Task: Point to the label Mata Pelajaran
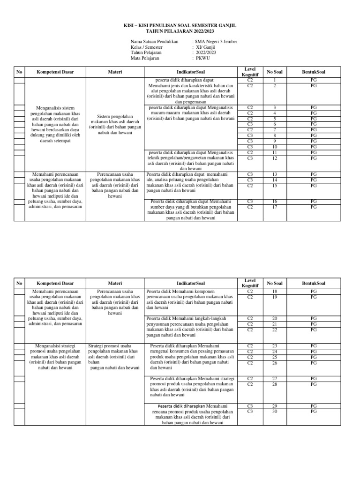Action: coord(145,59)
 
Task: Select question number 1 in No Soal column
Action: coord(274,81)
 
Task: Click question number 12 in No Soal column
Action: coord(274,158)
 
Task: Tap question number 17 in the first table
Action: coord(274,207)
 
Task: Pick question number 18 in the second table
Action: coord(274,291)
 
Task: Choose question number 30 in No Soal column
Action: coord(274,411)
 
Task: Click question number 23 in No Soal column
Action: coord(274,346)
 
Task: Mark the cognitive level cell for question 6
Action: coord(250,124)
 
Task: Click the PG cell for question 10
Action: coord(314,147)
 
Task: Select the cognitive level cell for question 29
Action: coord(250,405)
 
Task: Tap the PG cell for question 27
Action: coord(314,378)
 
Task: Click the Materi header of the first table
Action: coord(115,72)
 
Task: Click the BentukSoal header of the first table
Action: coord(314,72)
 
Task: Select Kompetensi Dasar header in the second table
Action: coord(55,283)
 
